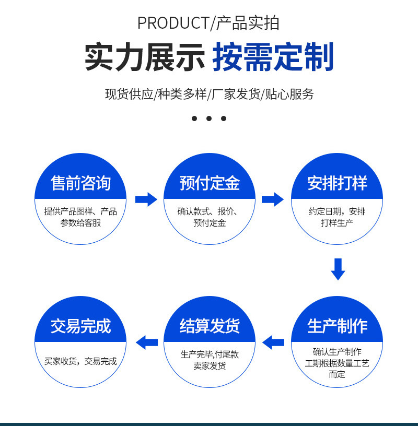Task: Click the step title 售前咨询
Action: tap(80, 183)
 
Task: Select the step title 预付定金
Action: tap(210, 183)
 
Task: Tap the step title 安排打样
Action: tap(337, 183)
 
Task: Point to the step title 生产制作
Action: tap(337, 326)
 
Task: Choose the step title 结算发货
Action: tap(210, 326)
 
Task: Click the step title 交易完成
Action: tap(80, 326)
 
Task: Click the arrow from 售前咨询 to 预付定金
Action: tap(146, 199)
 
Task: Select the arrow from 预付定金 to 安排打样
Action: tap(272, 199)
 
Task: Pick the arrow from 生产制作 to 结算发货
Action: tap(273, 342)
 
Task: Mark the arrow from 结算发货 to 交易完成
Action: tap(147, 342)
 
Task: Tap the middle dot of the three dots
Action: tap(209, 119)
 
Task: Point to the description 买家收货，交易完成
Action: tap(80, 361)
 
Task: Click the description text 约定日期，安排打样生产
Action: tap(337, 217)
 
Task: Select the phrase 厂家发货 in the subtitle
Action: tap(236, 94)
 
